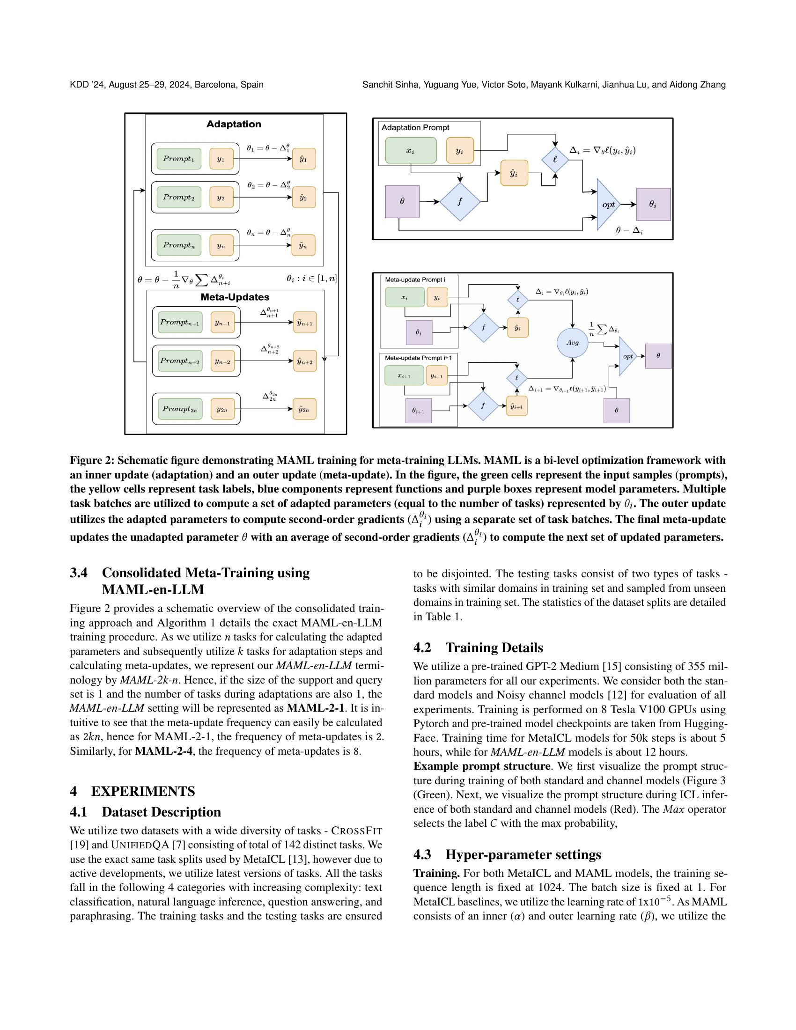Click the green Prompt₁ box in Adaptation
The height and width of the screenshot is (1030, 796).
pos(179,158)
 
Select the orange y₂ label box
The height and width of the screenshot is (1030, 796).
pos(221,197)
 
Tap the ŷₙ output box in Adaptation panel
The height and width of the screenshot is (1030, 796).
pos(304,245)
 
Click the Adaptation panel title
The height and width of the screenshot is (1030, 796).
pos(234,124)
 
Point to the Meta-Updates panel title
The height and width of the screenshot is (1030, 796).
pos(235,297)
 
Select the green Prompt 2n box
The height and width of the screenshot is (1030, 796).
pos(180,408)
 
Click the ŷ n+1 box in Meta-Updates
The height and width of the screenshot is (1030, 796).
pos(305,323)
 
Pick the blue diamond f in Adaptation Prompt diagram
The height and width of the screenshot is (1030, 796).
pos(460,202)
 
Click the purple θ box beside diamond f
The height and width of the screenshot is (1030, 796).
pos(402,202)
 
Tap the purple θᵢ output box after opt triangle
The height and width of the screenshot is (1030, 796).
pos(653,205)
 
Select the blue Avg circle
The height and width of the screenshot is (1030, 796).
pos(573,343)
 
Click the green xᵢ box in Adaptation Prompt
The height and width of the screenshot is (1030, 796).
pos(410,150)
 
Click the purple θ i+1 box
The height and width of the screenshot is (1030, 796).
pos(418,411)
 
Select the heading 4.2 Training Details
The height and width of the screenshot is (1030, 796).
pos(478,647)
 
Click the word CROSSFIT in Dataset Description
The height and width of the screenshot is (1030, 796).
pos(356,830)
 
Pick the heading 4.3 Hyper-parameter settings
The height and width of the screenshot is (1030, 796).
pos(507,854)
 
